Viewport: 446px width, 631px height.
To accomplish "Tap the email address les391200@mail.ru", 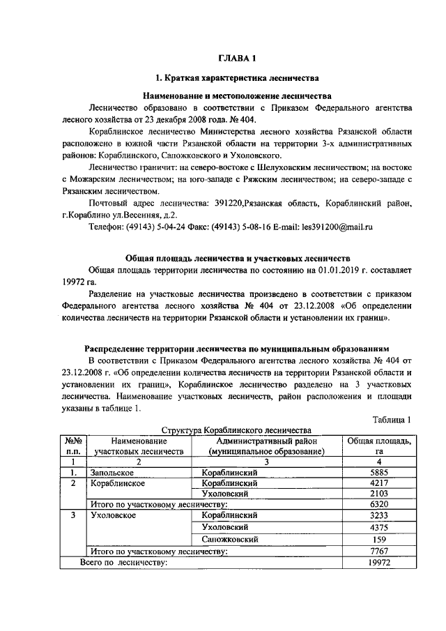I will click(337, 227).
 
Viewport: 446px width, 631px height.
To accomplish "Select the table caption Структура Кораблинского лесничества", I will click(237, 430).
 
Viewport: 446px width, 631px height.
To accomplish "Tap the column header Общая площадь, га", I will click(378, 446).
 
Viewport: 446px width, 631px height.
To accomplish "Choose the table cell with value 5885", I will click(378, 472).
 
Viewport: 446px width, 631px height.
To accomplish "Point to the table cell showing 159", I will click(378, 539).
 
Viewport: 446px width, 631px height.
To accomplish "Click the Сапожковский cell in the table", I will click(230, 539).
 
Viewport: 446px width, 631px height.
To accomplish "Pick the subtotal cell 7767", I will click(378, 551).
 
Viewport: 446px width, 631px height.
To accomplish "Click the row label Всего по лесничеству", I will click(124, 562).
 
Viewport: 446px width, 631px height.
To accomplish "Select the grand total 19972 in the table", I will click(378, 562).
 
